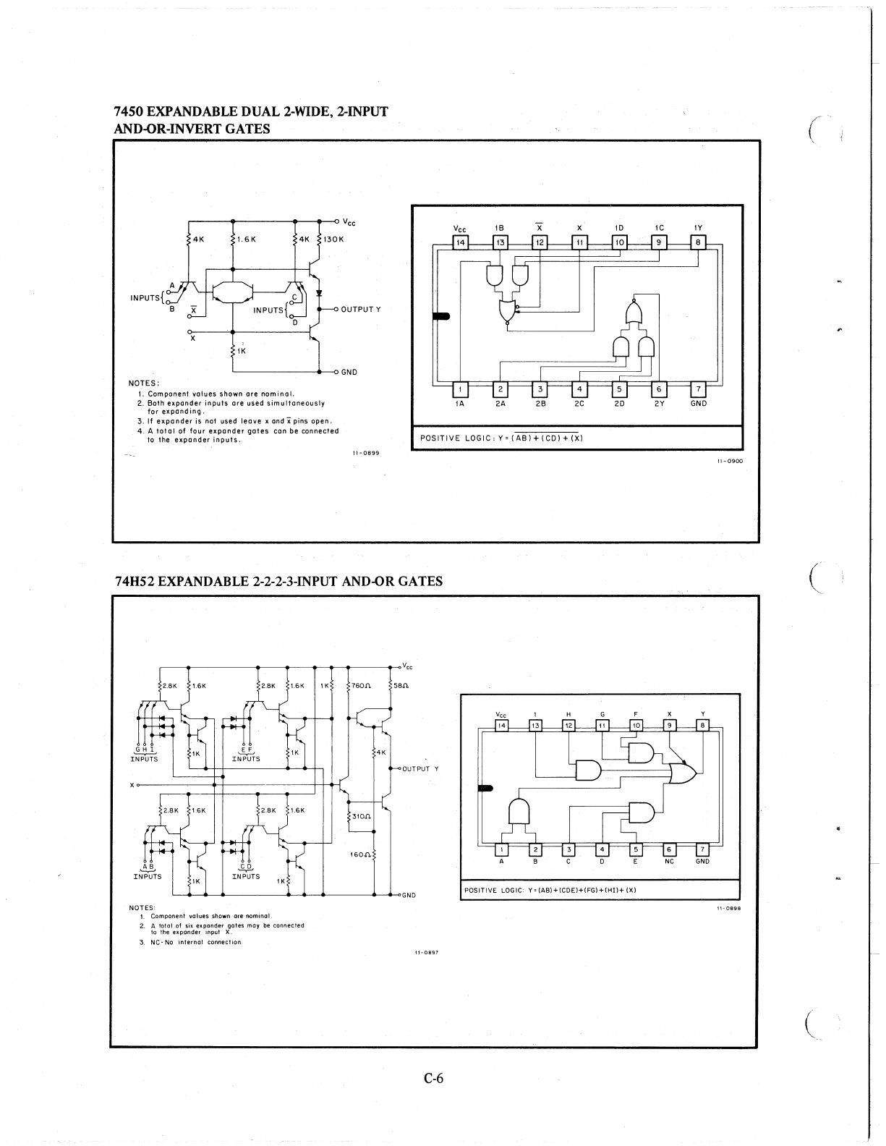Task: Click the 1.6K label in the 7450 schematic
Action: click(x=246, y=239)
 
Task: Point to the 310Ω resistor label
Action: click(x=362, y=816)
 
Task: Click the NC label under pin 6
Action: click(x=669, y=861)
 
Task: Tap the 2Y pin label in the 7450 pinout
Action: click(x=659, y=403)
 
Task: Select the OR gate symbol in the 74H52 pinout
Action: click(x=683, y=773)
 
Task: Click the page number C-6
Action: click(x=434, y=1079)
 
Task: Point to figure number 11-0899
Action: click(x=367, y=452)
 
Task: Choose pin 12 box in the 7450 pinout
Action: click(x=540, y=243)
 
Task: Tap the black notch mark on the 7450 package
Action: click(x=440, y=316)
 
